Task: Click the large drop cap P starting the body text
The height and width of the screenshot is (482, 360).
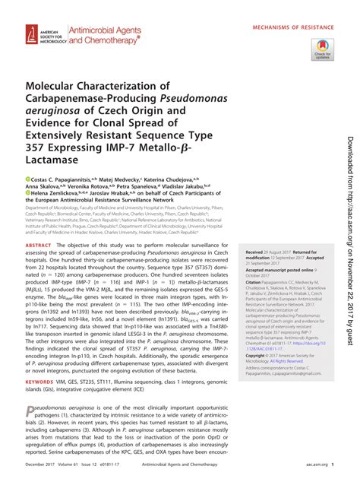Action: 31,411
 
